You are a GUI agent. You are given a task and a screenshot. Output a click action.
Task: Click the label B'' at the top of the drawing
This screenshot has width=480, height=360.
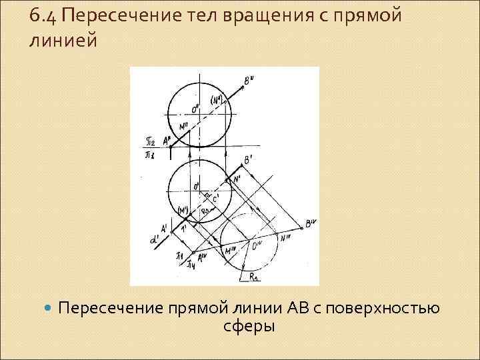point(249,81)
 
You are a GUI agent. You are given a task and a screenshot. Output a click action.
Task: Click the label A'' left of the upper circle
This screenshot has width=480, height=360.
point(164,139)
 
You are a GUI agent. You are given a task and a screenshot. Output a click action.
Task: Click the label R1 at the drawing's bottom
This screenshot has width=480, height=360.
point(254,276)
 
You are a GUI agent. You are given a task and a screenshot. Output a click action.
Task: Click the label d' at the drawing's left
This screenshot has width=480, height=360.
point(154,237)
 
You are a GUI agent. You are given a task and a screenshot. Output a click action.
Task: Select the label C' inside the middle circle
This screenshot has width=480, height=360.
point(215,199)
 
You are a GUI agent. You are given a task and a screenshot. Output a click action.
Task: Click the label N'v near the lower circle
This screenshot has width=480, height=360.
point(285,236)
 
